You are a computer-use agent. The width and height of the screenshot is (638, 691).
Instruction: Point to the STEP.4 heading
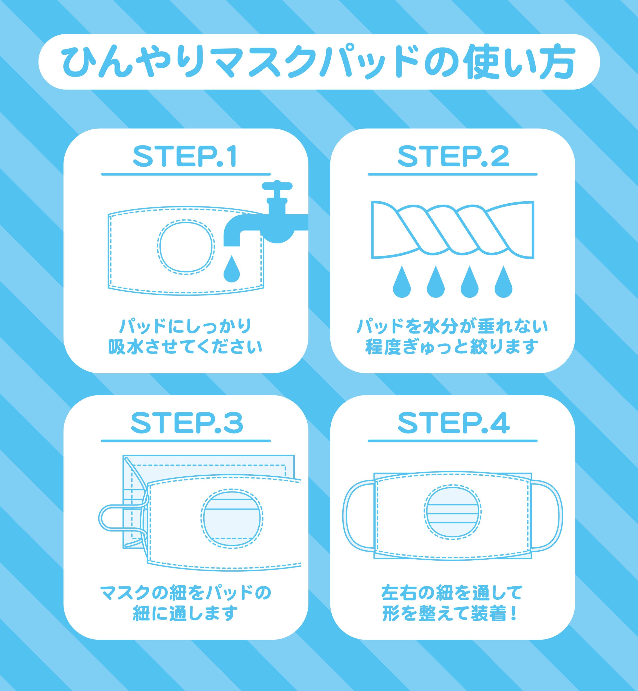coord(454,424)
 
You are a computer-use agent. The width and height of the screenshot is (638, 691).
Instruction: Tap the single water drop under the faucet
coord(232,269)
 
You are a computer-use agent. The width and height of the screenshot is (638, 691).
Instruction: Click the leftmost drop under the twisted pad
coord(402,281)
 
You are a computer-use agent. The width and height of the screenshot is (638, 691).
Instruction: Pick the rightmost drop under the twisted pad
coord(503,281)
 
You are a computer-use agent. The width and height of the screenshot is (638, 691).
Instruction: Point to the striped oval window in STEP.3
coord(232,519)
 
